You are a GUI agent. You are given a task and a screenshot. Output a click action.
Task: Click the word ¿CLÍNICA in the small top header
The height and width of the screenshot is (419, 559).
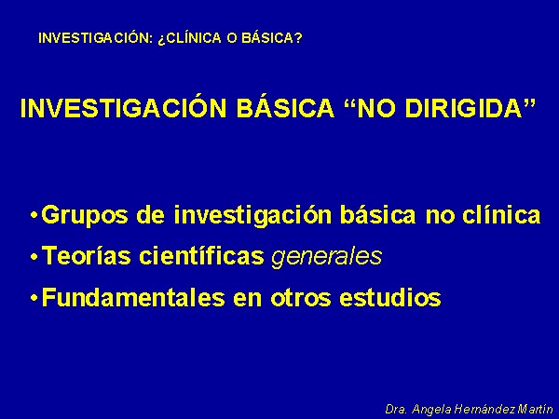(x=189, y=38)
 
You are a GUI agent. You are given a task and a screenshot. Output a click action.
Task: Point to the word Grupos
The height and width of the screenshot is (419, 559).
(x=85, y=216)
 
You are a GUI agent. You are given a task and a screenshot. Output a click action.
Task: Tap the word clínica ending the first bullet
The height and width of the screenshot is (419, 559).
(x=501, y=214)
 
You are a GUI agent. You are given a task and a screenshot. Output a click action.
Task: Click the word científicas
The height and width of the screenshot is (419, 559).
(x=201, y=255)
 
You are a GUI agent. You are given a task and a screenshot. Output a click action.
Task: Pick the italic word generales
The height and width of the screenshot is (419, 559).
(x=326, y=257)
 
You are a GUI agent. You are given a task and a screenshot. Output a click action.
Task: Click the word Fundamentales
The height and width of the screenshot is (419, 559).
(x=133, y=297)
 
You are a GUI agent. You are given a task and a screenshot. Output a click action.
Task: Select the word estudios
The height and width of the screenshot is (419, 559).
(x=390, y=297)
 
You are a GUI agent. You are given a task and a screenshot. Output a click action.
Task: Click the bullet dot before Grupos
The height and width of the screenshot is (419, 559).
(x=34, y=216)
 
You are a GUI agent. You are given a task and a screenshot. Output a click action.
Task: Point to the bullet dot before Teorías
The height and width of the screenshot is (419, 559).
(x=34, y=257)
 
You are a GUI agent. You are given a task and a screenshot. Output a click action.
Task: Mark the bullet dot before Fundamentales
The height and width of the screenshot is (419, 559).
(x=34, y=298)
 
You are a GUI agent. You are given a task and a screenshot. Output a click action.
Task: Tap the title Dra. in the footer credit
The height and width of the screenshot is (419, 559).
(x=396, y=409)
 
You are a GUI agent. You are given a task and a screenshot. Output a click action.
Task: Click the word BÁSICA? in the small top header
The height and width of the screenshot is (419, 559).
(x=272, y=38)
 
